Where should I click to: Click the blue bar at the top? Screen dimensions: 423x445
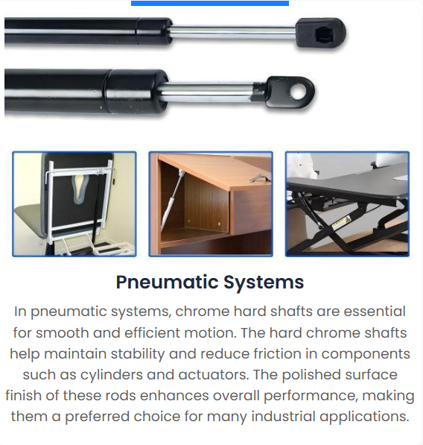[x=210, y=3]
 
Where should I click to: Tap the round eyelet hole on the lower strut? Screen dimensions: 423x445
[x=298, y=92]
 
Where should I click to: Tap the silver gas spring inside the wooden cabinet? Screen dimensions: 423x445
[x=172, y=199]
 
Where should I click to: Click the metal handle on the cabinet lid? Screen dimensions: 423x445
[x=258, y=178]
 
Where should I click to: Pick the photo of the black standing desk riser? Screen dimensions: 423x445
[x=347, y=204]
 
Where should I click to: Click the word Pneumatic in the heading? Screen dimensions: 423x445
[x=167, y=283]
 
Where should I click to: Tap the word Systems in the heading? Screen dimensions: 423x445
[x=264, y=282]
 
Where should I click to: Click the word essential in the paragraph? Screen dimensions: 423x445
[x=375, y=312]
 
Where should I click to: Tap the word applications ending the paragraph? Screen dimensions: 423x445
[x=364, y=417]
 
